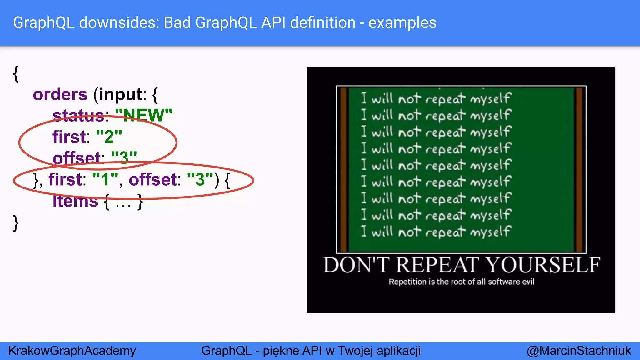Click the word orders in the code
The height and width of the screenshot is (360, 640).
pos(60,94)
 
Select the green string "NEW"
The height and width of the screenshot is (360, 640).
pos(144,115)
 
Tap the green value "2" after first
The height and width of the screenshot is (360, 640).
pos(109,137)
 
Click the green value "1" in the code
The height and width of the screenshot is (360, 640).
pos(105,179)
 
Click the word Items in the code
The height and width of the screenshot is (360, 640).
pos(75,201)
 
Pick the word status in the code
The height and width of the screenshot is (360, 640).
pos(78,115)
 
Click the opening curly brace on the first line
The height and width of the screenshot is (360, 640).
pos(16,74)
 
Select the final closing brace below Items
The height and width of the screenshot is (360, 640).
pos(16,223)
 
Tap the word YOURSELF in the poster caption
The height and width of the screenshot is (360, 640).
pos(543,265)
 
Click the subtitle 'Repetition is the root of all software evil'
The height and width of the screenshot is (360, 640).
pos(461,282)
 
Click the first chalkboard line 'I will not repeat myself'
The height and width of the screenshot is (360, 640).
pos(436,98)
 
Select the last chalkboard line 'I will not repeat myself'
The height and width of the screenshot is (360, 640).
pos(436,232)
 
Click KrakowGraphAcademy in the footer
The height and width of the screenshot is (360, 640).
pos(72,351)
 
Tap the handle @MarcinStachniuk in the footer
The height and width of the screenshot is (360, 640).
pos(578,351)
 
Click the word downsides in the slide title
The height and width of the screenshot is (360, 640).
pos(119,23)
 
